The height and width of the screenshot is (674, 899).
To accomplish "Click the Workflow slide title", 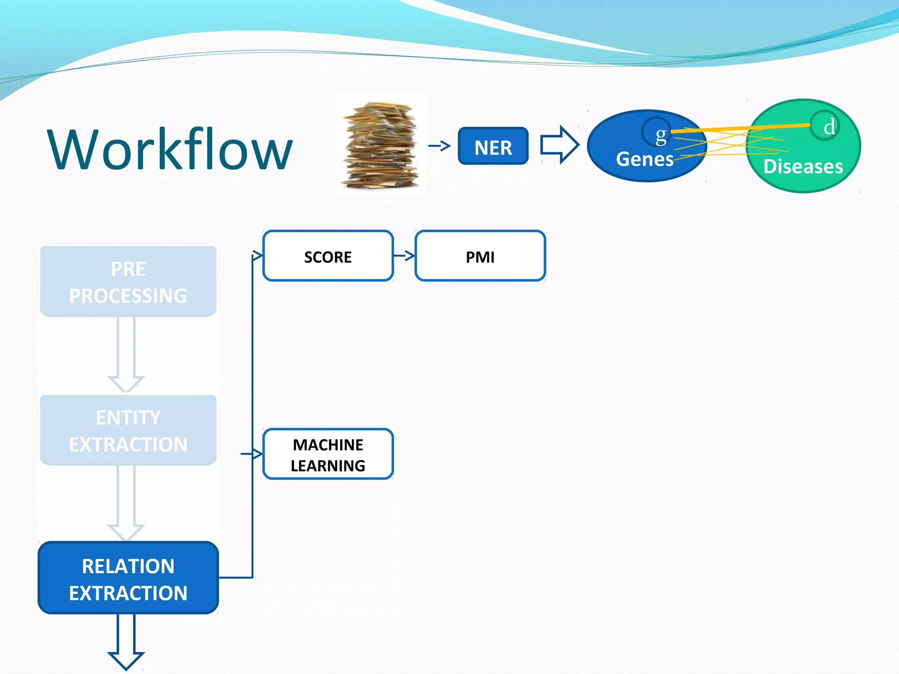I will point(170,149).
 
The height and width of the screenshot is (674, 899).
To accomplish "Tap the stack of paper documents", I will point(380,145).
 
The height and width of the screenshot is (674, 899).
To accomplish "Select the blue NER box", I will point(493,146).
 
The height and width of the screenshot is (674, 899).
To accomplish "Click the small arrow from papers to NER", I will point(439,146).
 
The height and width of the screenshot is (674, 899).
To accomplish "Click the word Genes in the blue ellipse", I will point(644,159).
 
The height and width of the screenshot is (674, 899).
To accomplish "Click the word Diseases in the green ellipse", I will point(803,167).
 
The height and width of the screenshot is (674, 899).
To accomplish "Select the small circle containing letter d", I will point(825,125).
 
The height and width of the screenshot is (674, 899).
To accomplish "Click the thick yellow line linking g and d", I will point(742,128).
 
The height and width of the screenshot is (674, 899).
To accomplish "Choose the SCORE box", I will point(328,256).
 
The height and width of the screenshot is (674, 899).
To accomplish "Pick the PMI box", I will point(480,256).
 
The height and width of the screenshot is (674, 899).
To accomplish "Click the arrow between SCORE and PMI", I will point(404,255).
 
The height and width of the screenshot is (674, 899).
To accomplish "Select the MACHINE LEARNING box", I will point(328,454).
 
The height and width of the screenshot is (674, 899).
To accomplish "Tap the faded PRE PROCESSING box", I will point(128,281).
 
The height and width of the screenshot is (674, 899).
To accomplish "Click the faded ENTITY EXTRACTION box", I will point(128,430).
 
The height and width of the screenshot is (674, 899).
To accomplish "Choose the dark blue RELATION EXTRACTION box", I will point(128,578).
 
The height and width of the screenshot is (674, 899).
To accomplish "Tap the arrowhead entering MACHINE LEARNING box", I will point(257,454).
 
